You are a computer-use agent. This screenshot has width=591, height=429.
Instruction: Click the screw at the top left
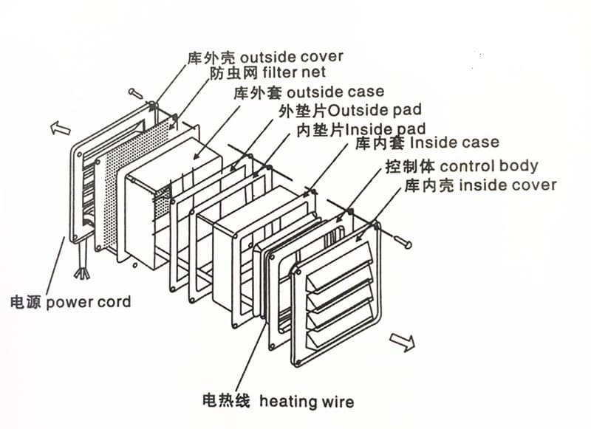[x=136, y=93]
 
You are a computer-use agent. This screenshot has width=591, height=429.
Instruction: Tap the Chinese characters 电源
[x=25, y=302]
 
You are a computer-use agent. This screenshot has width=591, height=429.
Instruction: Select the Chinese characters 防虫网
[x=228, y=73]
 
